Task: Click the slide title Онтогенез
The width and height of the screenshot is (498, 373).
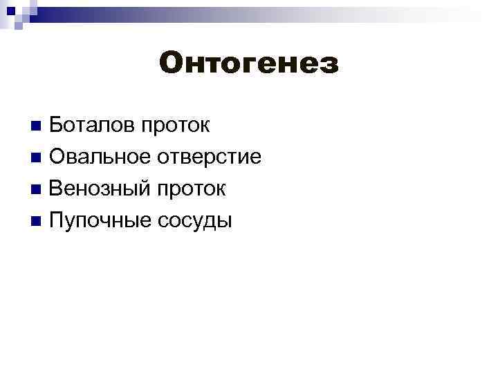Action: [249, 64]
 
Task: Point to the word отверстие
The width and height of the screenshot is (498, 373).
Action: [209, 157]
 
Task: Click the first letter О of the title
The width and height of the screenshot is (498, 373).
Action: [171, 64]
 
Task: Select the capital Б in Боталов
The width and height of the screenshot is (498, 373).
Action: [57, 126]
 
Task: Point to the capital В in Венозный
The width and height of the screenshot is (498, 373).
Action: [57, 189]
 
